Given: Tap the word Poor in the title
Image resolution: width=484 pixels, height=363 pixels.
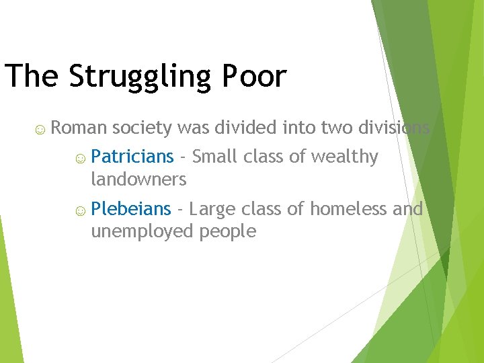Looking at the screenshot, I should tap(259, 76).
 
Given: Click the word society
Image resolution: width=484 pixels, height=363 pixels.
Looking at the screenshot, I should tap(143, 128).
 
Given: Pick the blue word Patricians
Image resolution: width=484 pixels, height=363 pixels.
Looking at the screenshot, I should tap(132, 157).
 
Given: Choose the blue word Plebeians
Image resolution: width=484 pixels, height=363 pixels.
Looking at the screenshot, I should tap(131, 209).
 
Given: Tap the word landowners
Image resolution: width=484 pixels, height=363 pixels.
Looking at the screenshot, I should tap(138, 179).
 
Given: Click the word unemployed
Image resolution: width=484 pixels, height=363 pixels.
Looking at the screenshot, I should tap(143, 232).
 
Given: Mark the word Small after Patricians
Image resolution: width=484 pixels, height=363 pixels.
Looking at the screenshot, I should tap(215, 157).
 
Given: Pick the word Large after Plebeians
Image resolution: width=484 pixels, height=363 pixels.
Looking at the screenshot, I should tap(212, 209).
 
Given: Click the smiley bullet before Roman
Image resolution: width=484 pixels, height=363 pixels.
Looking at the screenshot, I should tap(41, 128).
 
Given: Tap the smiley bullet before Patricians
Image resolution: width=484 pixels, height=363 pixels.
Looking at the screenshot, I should tap(80, 158).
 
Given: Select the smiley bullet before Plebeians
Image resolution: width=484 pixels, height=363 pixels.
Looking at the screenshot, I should tap(80, 210).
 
